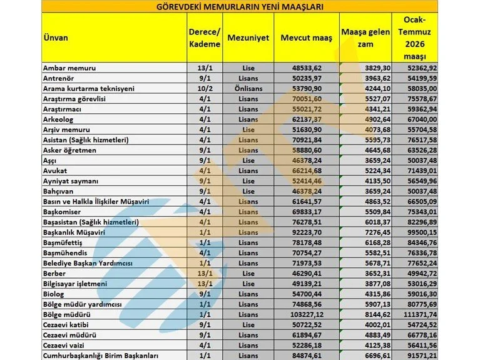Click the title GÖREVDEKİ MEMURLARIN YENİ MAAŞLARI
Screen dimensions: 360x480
[x=240, y=7]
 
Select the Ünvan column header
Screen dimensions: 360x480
[x=55, y=38]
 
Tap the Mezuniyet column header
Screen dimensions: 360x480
[x=248, y=38]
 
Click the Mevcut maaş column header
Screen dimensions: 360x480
[x=307, y=38]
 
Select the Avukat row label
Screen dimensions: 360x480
[x=55, y=170]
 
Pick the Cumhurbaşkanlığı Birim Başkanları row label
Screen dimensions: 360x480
[x=100, y=356]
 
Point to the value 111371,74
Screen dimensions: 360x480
[x=419, y=314]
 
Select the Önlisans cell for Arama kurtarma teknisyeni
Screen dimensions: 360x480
[x=248, y=88]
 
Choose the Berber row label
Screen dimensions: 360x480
[x=54, y=273]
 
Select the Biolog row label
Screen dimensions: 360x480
[x=54, y=294]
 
